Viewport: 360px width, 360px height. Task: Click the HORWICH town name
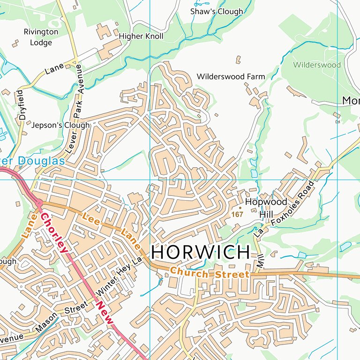201,253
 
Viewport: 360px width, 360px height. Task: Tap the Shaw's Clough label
217,12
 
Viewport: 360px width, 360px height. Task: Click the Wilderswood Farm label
231,76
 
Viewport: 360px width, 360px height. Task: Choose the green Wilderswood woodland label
317,65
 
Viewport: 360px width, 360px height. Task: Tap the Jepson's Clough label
60,125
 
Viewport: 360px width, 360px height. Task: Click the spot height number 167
237,214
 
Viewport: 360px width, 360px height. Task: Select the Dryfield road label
22,104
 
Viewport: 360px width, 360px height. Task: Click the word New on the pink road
104,312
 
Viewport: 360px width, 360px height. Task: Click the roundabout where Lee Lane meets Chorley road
39,202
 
